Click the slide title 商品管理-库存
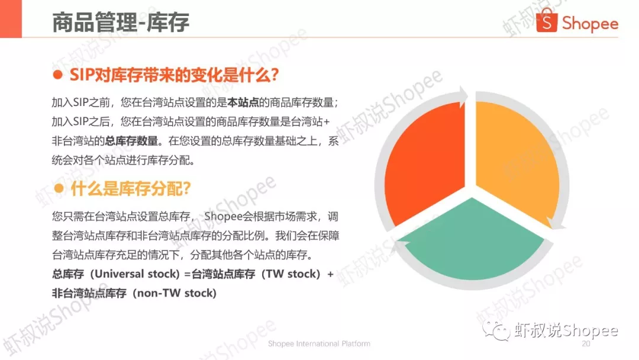(x=121, y=22)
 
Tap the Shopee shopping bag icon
(x=547, y=20)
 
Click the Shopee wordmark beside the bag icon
(x=590, y=24)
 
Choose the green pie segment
(x=472, y=240)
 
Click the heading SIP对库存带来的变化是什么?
(x=174, y=75)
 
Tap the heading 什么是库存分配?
(x=130, y=189)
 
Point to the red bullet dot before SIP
(x=58, y=75)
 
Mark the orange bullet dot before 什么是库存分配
(x=59, y=188)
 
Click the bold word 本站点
(x=243, y=102)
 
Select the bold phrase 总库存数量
(x=131, y=141)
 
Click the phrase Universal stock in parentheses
(x=135, y=274)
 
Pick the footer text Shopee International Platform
(x=319, y=343)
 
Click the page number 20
(x=586, y=343)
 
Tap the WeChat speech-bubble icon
(x=496, y=330)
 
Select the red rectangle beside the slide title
(x=11, y=19)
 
